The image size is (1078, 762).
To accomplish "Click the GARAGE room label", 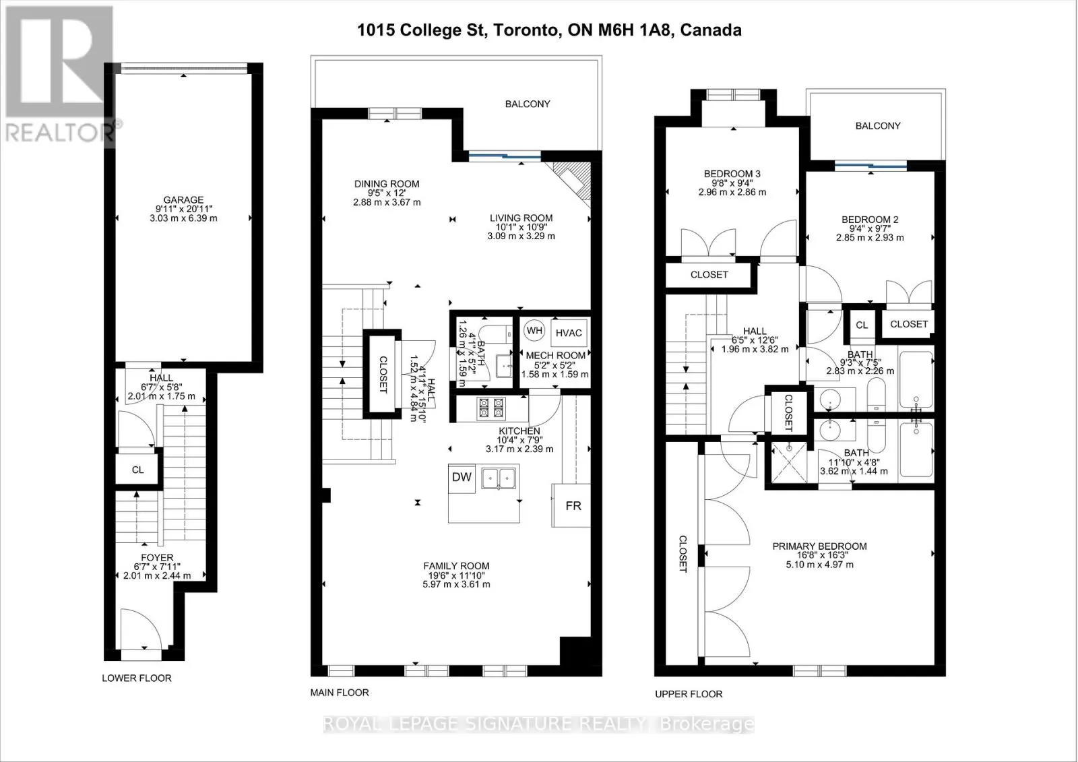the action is pyautogui.click(x=183, y=200).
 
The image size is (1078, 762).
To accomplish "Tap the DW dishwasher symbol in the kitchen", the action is pyautogui.click(x=462, y=478).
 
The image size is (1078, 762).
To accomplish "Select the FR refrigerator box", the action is pyautogui.click(x=571, y=505).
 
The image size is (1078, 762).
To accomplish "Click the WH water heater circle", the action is pyautogui.click(x=534, y=331).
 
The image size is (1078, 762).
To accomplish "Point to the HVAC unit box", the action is pyautogui.click(x=569, y=333).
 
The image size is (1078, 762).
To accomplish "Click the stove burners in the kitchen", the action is pyautogui.click(x=491, y=408).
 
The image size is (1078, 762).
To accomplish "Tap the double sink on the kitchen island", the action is pyautogui.click(x=499, y=478).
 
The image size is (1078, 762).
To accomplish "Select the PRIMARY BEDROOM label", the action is pyautogui.click(x=819, y=546).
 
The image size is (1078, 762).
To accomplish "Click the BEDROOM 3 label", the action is pyautogui.click(x=732, y=174).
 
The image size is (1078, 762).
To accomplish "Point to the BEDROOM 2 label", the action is pyautogui.click(x=870, y=220).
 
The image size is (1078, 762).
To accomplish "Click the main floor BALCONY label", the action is pyautogui.click(x=528, y=104).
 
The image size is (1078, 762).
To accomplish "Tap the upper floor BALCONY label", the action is pyautogui.click(x=878, y=126).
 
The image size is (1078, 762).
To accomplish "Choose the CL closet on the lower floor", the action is pyautogui.click(x=137, y=470).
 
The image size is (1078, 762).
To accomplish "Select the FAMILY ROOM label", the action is pyautogui.click(x=456, y=566).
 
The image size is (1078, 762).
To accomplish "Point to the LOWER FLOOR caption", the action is pyautogui.click(x=137, y=678).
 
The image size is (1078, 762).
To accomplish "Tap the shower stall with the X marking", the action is pyautogui.click(x=789, y=463).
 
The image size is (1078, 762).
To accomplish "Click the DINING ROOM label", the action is pyautogui.click(x=387, y=184).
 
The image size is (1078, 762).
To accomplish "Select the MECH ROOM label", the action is pyautogui.click(x=556, y=356).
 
